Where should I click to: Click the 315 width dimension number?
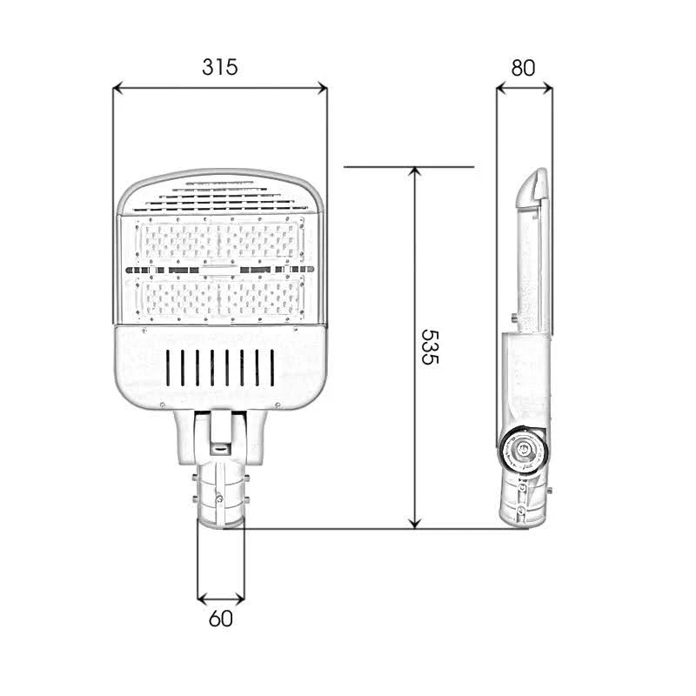pos(220,66)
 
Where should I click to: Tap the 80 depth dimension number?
pos(523,67)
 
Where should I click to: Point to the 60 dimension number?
pos(221,619)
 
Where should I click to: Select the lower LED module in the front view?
pos(221,298)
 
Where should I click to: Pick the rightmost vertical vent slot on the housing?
pos(269,366)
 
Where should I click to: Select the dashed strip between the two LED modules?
pos(221,270)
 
